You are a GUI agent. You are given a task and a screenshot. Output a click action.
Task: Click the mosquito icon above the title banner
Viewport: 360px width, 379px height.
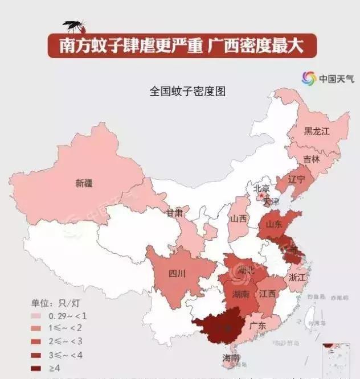[74, 26]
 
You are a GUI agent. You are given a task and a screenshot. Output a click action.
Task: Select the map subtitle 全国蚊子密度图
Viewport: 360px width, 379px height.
[187, 90]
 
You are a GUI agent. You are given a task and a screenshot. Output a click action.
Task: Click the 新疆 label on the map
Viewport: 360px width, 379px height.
[84, 183]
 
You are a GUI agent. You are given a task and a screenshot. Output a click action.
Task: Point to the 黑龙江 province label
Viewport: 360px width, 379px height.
[317, 131]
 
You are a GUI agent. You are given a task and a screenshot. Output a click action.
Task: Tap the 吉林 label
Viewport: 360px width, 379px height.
[311, 159]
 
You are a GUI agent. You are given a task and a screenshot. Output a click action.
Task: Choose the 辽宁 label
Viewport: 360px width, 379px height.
[297, 179]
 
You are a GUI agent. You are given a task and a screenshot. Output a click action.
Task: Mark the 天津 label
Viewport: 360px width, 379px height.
[271, 201]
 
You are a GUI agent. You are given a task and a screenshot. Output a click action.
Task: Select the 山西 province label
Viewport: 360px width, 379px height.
[239, 219]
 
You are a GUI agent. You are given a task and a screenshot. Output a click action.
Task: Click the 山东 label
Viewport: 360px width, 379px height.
[273, 224]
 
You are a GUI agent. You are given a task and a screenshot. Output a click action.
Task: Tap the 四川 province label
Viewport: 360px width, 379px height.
[177, 274]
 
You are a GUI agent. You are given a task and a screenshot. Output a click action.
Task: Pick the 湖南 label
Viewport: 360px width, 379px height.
[240, 295]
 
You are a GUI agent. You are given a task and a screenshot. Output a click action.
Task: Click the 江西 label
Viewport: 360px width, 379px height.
[267, 294]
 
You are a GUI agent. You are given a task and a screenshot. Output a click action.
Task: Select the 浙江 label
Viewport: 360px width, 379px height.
[297, 278]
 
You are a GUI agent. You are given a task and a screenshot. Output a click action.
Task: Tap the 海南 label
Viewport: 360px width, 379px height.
[231, 359]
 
